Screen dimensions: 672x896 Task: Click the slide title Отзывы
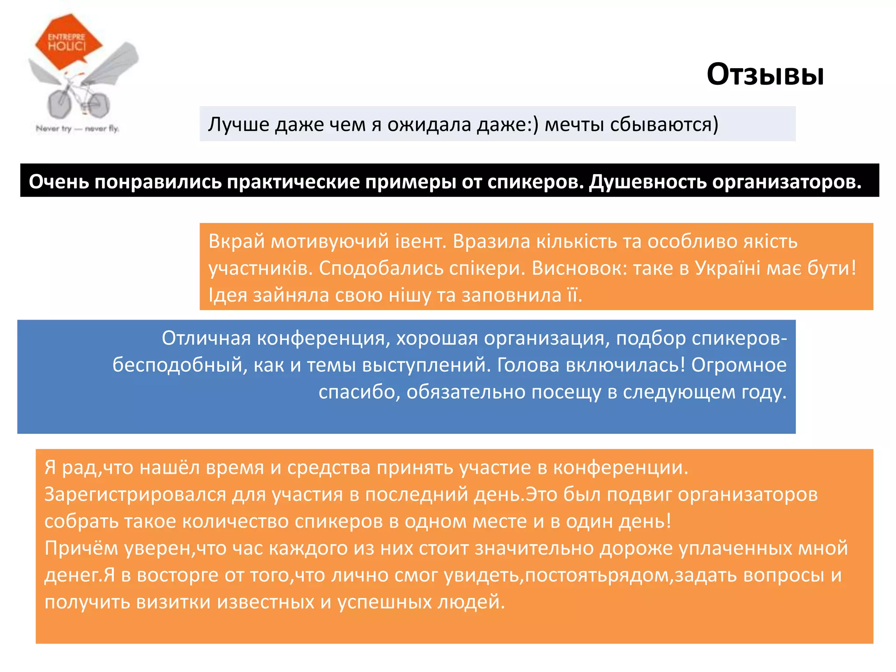765,74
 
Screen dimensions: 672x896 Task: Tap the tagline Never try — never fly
77,129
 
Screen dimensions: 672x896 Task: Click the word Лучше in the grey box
238,125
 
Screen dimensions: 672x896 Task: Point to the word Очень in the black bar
58,182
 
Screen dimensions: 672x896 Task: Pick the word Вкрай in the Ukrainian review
237,241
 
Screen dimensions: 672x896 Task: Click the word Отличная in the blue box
206,338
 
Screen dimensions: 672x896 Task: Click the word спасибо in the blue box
357,392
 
